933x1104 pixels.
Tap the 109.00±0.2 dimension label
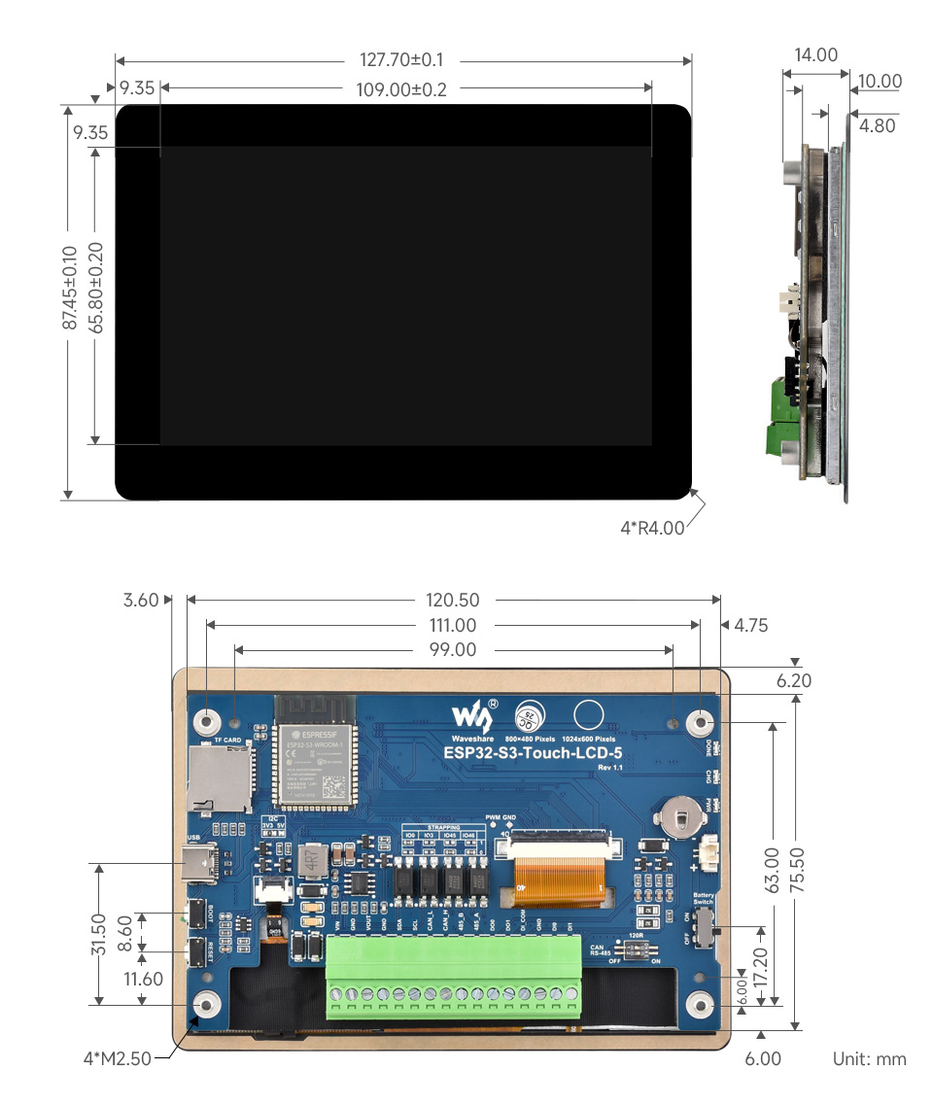(402, 89)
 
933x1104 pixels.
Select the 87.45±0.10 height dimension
(69, 289)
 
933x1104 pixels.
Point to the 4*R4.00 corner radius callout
(652, 529)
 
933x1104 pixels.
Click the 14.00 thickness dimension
(815, 55)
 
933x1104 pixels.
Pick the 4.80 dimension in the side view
(878, 125)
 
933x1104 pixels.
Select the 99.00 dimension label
(454, 650)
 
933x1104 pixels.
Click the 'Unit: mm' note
(869, 1058)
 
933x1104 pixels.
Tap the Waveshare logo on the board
(473, 717)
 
